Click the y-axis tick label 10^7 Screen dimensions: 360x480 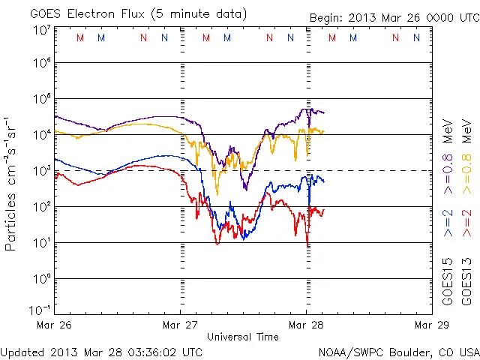click(41, 29)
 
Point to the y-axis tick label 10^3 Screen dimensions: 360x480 click(41, 170)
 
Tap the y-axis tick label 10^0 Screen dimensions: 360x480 click(41, 278)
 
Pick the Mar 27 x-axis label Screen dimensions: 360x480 click(181, 325)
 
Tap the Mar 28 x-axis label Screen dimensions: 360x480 click(305, 325)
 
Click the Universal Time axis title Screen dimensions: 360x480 click(243, 337)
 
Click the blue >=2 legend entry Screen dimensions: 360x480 click(448, 223)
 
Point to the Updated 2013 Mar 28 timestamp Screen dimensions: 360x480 click(101, 351)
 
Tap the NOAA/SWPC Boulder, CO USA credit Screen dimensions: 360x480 click(398, 351)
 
